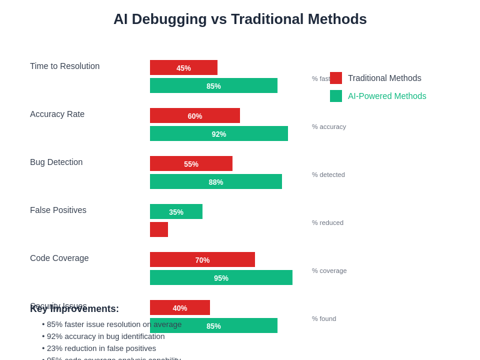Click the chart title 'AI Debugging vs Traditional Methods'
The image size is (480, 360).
240,19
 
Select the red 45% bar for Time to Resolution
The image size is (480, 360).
184,68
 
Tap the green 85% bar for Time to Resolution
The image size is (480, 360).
214,86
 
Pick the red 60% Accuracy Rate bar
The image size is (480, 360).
195,116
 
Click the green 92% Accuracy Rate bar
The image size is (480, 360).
219,134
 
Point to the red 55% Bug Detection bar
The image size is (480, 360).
191,164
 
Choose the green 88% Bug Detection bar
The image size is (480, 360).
216,182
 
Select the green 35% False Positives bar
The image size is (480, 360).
176,212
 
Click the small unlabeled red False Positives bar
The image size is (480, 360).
159,230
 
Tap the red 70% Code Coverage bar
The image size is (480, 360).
202,260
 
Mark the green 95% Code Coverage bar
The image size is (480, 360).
221,278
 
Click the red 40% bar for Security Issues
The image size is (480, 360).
180,308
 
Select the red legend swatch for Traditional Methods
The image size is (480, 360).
336,78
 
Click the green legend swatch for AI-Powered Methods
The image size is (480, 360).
336,96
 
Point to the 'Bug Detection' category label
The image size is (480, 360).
56,162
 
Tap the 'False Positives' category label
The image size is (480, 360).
58,210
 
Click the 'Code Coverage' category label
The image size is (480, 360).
59,258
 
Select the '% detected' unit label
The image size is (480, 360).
328,175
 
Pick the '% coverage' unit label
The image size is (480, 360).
329,271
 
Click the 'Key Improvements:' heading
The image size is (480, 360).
74,309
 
